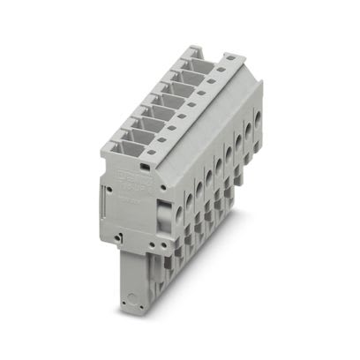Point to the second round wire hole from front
(x=199, y=182)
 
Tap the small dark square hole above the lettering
(x=142, y=165)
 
